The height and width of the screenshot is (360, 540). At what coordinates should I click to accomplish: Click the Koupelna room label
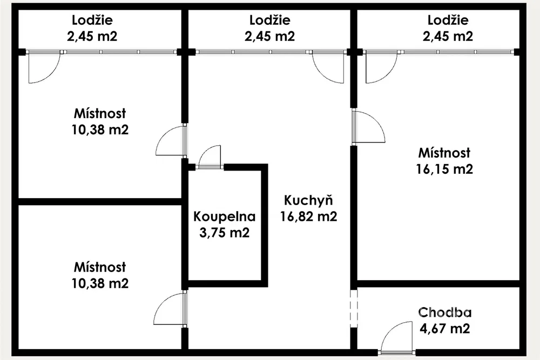[224, 217]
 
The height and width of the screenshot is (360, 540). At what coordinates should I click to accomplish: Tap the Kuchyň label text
[308, 200]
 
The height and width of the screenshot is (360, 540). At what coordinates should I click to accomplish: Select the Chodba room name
[444, 312]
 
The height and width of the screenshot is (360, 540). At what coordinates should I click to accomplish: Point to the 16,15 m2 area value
[444, 169]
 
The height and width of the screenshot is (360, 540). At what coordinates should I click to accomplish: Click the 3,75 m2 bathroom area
[224, 233]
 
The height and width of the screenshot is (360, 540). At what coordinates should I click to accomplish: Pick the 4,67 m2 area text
[444, 328]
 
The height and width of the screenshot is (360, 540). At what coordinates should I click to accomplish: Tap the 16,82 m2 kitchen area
[308, 216]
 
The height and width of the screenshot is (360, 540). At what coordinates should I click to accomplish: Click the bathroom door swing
[210, 157]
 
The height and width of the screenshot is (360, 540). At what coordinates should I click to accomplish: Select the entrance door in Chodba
[397, 338]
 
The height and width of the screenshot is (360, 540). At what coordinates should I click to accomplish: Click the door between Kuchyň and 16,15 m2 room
[368, 126]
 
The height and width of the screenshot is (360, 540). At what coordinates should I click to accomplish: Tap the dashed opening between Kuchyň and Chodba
[354, 308]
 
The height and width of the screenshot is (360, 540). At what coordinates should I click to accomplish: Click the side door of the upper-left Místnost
[171, 140]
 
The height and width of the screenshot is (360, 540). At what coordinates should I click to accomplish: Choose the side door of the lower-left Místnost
[170, 309]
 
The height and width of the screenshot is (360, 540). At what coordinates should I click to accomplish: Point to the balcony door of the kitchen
[328, 67]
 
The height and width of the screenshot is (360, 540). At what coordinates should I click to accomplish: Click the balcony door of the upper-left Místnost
[44, 67]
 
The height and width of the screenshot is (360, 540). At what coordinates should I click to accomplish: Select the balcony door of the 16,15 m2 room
[382, 67]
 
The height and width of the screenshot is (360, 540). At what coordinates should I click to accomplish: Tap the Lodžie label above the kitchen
[269, 20]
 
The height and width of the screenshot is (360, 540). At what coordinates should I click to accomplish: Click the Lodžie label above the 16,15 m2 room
[448, 20]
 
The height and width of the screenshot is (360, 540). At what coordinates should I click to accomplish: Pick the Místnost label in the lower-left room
[100, 267]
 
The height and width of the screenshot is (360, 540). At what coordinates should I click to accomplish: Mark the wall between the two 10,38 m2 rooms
[100, 202]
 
